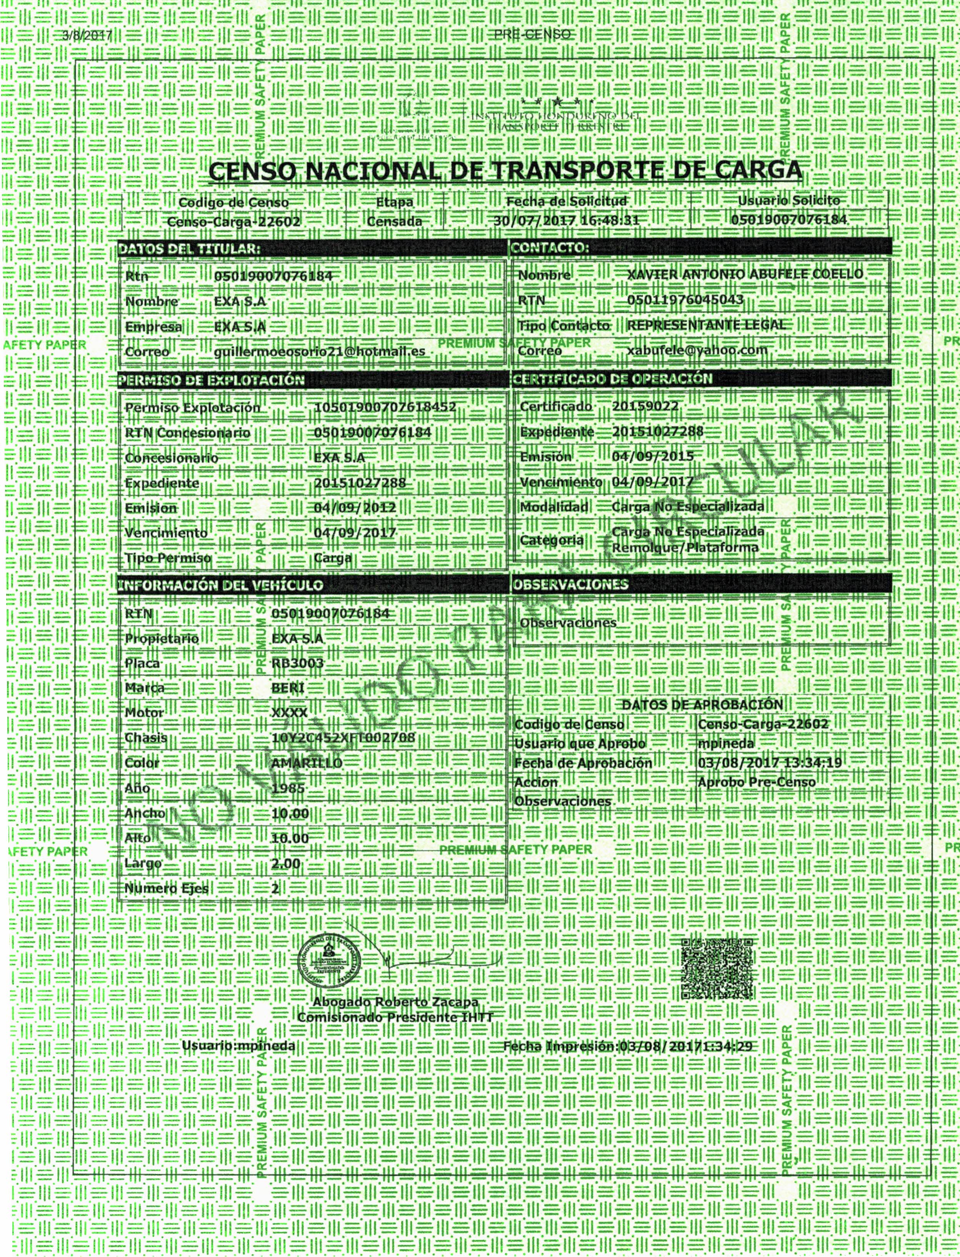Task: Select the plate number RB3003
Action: [298, 663]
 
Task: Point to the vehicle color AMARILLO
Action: [307, 763]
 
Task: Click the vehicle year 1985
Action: [288, 788]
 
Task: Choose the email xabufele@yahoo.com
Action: [697, 350]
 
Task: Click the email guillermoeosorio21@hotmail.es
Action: [320, 351]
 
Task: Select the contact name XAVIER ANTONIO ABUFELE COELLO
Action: [745, 274]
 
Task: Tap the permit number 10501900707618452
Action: [385, 407]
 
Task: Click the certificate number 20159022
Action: [645, 406]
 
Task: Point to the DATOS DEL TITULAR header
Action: [189, 249]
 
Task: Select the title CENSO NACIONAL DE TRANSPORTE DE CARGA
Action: [505, 170]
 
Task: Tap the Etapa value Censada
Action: [394, 221]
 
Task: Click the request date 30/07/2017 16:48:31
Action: [566, 221]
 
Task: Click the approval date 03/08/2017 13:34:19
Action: [770, 763]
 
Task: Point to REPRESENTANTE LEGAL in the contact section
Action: [706, 325]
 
